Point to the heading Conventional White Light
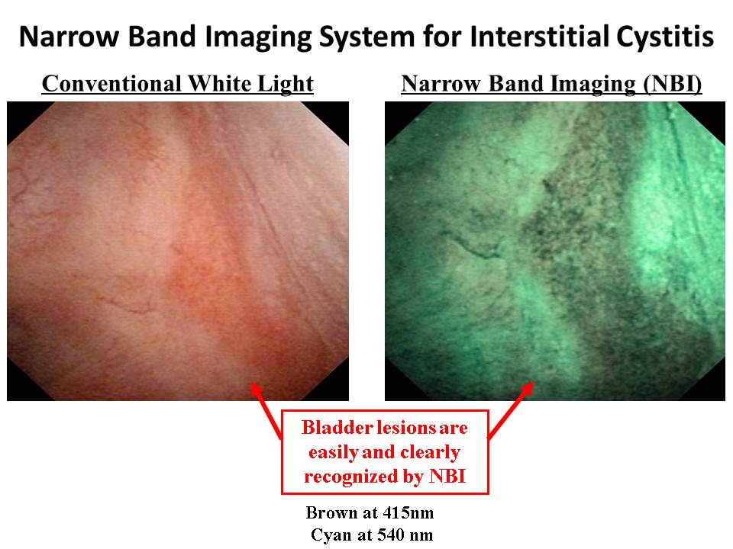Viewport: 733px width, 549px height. click(178, 85)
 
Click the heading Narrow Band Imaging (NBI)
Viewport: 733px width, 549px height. click(551, 85)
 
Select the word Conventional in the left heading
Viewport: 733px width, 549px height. click(111, 84)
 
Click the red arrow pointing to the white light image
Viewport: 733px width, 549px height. click(266, 411)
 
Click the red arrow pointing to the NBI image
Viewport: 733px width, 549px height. click(510, 411)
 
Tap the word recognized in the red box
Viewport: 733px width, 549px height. click(363, 477)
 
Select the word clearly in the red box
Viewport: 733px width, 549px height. click(430, 452)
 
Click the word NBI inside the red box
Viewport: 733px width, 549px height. click(447, 477)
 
